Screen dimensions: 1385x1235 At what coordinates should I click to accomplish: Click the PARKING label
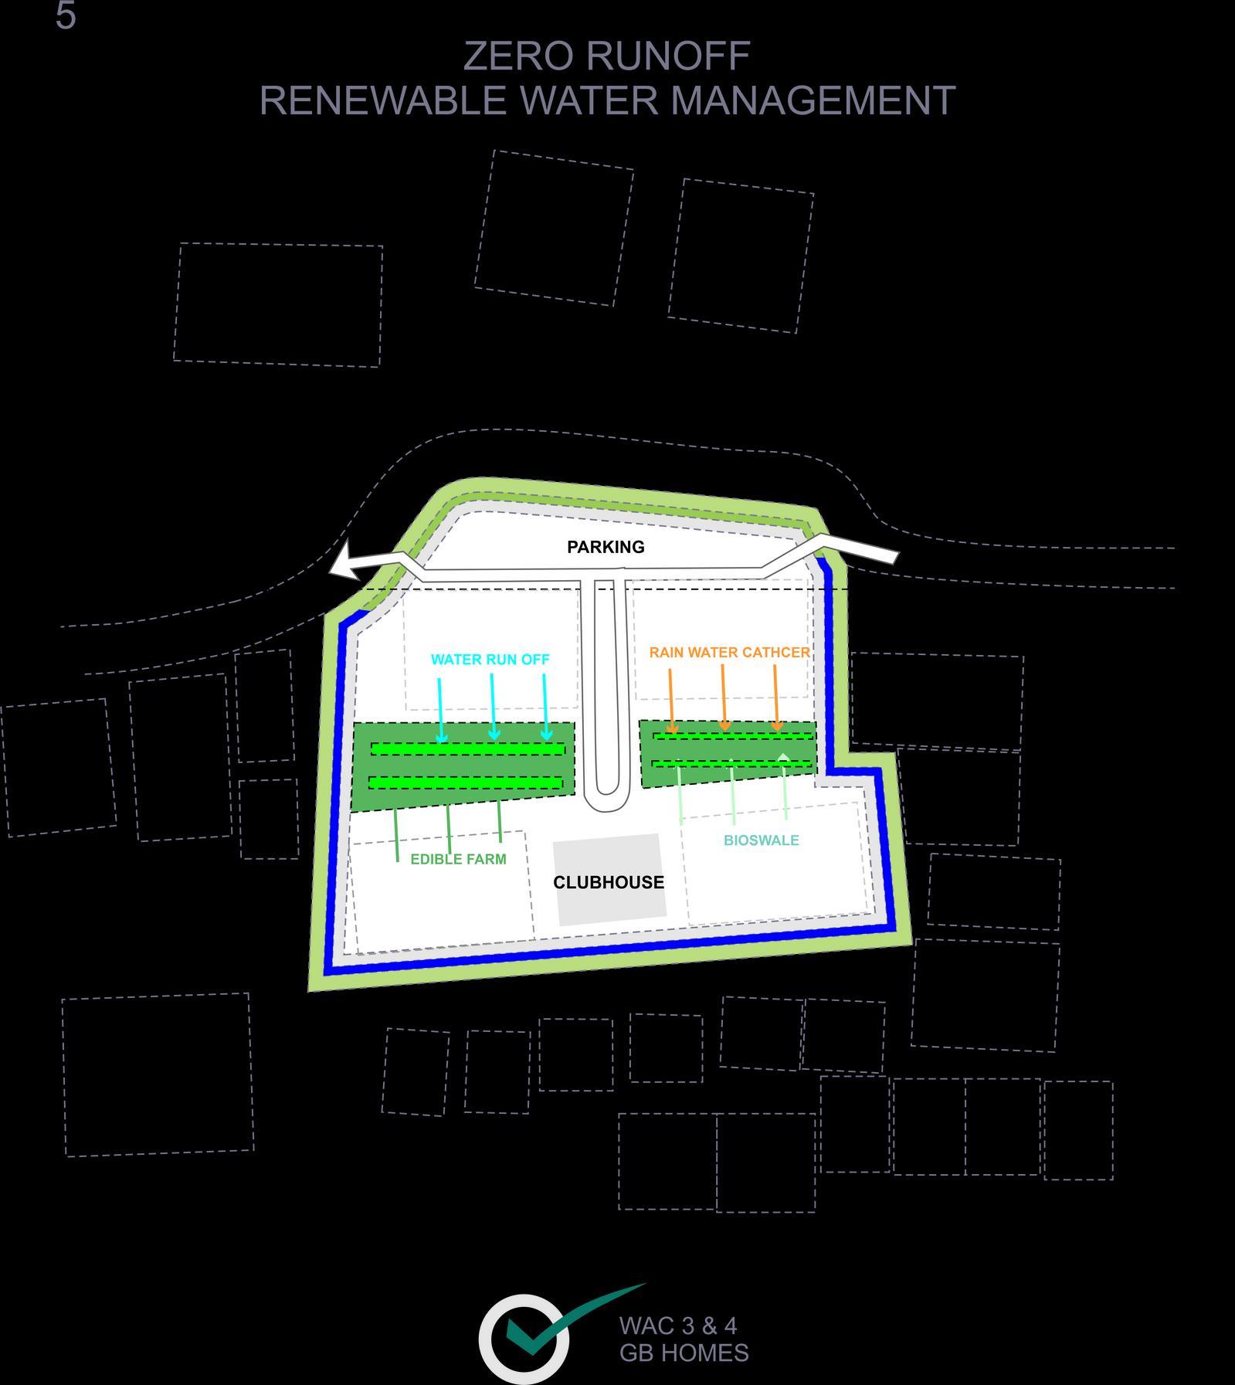pyautogui.click(x=606, y=547)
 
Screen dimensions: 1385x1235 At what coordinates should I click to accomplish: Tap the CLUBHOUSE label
pyautogui.click(x=609, y=882)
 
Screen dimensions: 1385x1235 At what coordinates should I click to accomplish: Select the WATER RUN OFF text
pyautogui.click(x=490, y=660)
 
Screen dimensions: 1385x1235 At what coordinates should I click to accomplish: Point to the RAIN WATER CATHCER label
pyautogui.click(x=729, y=652)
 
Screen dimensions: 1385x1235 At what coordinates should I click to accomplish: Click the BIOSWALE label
pyautogui.click(x=761, y=840)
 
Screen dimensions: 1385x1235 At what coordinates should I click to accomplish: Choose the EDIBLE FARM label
pyautogui.click(x=458, y=859)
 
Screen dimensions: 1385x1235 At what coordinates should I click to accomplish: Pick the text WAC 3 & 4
pyautogui.click(x=677, y=1326)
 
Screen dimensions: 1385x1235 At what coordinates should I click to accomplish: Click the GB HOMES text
pyautogui.click(x=684, y=1353)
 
